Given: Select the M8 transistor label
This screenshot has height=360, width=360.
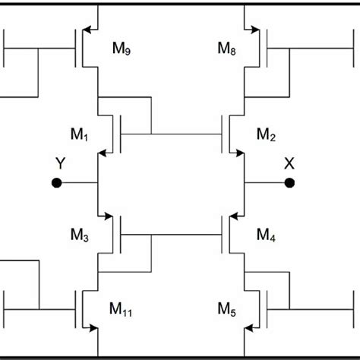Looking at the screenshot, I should (227, 49).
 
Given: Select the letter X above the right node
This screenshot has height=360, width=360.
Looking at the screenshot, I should (289, 163).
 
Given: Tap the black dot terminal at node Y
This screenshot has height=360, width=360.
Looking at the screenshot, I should (55, 183).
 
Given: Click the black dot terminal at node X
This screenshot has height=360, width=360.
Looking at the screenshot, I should (289, 183).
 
